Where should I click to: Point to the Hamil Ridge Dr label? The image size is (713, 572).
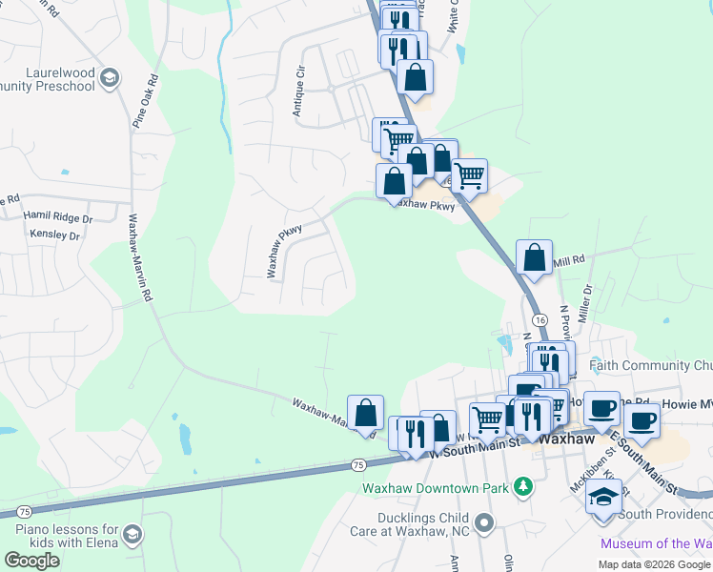pyautogui.click(x=58, y=217)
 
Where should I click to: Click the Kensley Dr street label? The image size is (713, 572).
pyautogui.click(x=54, y=234)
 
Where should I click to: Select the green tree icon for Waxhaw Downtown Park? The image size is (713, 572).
pyautogui.click(x=522, y=488)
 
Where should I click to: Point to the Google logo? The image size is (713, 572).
pyautogui.click(x=31, y=561)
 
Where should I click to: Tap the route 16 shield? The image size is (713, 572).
pyautogui.click(x=540, y=319)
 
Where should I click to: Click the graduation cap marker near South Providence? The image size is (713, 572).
pyautogui.click(x=603, y=497)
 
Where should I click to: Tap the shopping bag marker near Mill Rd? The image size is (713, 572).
pyautogui.click(x=534, y=257)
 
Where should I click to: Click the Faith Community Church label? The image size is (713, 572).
pyautogui.click(x=650, y=365)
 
